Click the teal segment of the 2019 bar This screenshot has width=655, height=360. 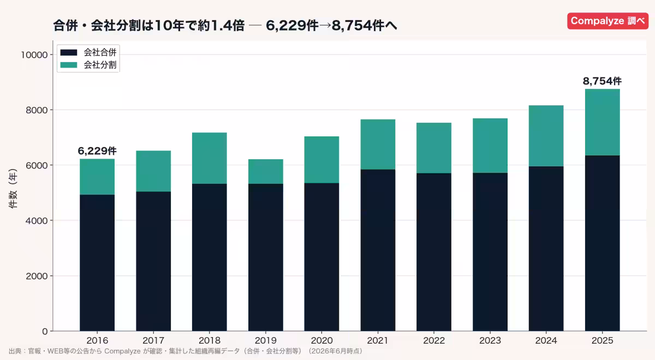click(265, 171)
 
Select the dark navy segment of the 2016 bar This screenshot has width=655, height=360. click(97, 263)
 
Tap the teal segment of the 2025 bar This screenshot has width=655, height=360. click(603, 122)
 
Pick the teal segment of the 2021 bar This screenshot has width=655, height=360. click(378, 145)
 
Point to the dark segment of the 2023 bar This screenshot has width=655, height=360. click(490, 252)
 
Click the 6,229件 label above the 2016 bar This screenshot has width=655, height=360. click(97, 151)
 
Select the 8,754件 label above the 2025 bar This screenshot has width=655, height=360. click(603, 81)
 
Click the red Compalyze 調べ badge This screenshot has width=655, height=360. click(608, 21)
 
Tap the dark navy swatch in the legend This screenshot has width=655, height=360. click(69, 52)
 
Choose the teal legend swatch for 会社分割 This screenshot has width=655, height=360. click(69, 65)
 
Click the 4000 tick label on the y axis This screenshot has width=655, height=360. click(37, 220)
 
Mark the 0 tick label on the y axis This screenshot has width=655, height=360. click(45, 332)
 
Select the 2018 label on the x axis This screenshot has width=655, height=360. click(210, 340)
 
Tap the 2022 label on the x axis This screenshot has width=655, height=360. click(434, 340)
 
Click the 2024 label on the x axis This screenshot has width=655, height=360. click(546, 340)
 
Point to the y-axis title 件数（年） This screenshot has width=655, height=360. click(13, 188)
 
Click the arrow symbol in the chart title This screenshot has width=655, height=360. click(325, 26)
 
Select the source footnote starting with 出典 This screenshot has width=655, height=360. click(186, 351)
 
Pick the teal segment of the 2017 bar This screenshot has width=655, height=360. click(153, 171)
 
